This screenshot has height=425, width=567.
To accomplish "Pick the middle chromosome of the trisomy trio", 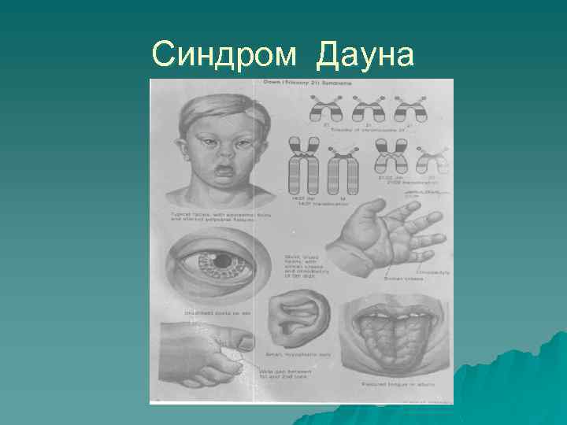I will click(x=367, y=108).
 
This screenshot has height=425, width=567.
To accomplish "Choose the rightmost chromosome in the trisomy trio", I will click(x=409, y=108).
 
